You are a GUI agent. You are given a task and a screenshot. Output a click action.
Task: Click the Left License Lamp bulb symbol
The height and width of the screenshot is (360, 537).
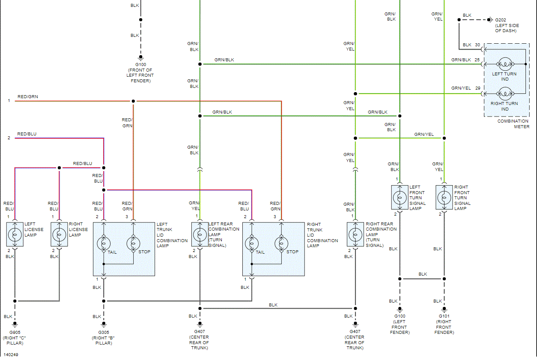[15, 234]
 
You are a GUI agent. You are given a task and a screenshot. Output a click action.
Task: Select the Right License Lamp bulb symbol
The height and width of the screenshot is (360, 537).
[60, 234]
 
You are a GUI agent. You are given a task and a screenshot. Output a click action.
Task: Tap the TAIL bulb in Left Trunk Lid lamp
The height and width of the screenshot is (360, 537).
[104, 243]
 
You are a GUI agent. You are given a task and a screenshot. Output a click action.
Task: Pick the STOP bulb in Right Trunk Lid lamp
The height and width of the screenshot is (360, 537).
[281, 243]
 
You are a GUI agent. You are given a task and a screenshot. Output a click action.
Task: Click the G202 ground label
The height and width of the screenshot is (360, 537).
[500, 20]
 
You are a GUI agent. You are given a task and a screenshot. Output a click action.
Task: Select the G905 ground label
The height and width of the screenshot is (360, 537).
[15, 332]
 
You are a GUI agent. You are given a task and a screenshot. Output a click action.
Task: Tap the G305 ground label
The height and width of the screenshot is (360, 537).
[103, 332]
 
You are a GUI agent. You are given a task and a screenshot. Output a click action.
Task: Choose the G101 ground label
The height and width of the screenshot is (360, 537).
[444, 316]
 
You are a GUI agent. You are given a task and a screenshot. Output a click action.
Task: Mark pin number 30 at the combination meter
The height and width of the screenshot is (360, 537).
[477, 45]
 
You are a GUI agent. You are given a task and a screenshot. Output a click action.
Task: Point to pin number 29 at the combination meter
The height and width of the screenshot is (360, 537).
[477, 88]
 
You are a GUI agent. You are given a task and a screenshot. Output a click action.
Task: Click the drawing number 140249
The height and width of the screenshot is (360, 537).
[12, 354]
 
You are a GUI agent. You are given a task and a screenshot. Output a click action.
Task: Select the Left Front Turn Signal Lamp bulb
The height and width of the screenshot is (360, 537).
[400, 198]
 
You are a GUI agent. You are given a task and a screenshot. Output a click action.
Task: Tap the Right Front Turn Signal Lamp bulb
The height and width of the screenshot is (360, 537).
[444, 198]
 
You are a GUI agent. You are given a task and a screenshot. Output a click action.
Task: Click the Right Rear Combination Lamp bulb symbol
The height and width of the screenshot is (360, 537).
[355, 234]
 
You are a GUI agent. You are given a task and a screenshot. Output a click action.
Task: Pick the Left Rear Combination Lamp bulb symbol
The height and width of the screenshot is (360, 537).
[200, 234]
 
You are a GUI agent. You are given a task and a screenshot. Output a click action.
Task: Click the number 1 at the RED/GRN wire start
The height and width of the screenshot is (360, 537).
[9, 101]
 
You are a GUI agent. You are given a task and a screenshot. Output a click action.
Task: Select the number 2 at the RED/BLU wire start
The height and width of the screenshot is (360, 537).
[9, 138]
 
